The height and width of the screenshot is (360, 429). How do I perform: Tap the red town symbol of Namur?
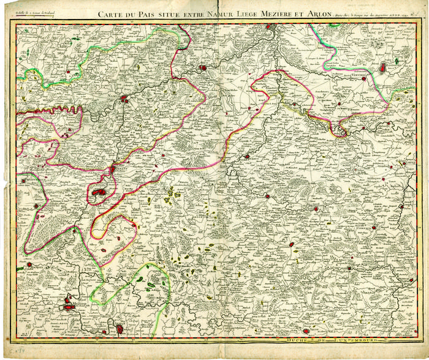pos(124,98)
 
